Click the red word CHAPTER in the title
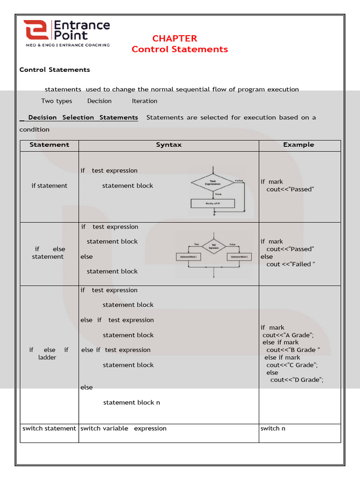175,38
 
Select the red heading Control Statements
180,49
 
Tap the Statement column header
49,145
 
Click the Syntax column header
169,145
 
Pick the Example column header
299,145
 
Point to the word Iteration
144,101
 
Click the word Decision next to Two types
99,101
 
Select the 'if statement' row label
49,186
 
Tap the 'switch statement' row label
49,428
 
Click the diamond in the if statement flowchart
213,183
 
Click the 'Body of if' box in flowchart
213,203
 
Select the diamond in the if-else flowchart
214,246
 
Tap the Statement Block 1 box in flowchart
188,257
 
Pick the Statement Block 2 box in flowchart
240,257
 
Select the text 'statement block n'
131,402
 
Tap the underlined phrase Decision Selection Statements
83,118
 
